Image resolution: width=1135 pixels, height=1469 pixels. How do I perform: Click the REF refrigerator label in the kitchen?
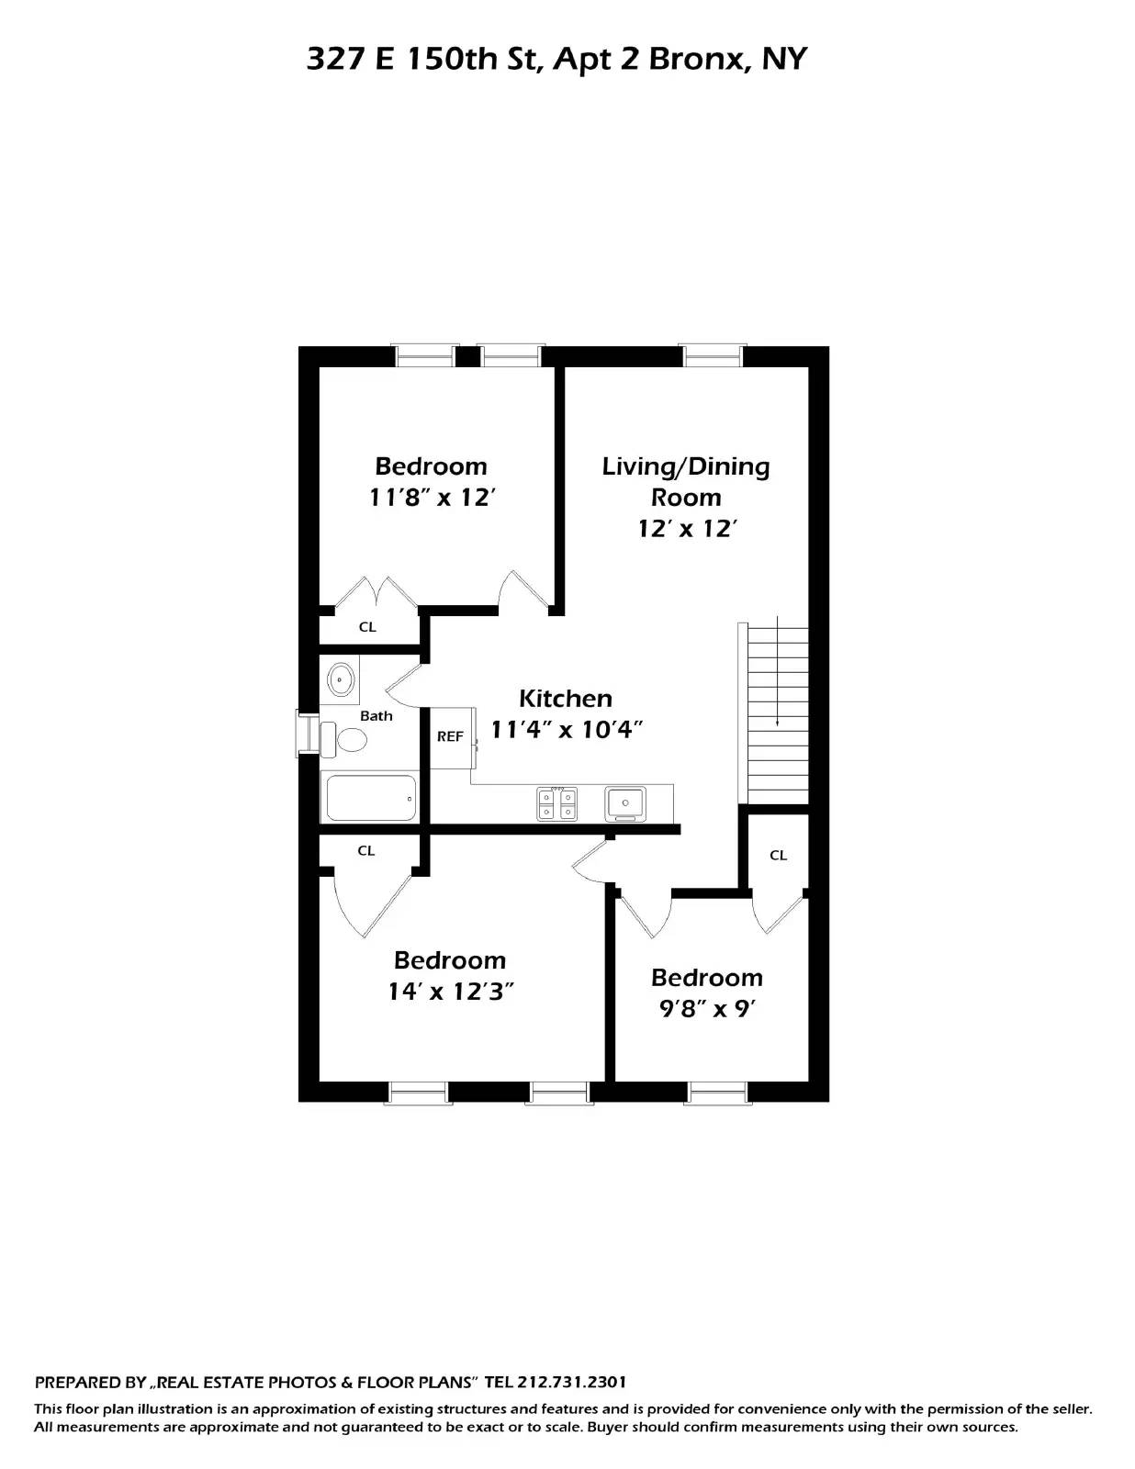coord(450,736)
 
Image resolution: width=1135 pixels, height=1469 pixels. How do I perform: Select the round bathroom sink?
coord(340,680)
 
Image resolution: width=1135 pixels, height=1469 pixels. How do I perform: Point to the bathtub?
coord(370,797)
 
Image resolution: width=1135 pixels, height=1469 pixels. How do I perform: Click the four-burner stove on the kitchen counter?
coord(557,803)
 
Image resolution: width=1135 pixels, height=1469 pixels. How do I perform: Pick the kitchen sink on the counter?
coord(624,803)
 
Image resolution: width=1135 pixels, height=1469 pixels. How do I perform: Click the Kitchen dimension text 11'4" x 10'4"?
coord(565,730)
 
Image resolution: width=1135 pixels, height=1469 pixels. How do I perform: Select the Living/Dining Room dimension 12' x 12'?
coord(687,529)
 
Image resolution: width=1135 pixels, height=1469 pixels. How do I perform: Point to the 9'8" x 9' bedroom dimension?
coord(706,1009)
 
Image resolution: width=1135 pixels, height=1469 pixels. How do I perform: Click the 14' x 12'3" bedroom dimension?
coord(450,992)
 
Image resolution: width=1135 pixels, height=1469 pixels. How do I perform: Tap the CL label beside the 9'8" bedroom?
coord(778,856)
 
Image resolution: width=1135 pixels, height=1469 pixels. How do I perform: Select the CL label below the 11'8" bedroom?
coord(367,628)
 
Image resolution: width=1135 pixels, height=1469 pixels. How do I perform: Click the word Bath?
coord(376,716)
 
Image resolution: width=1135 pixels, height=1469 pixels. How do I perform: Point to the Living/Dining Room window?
coord(711,355)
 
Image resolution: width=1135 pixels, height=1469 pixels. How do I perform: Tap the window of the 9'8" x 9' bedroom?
coord(717,1092)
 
